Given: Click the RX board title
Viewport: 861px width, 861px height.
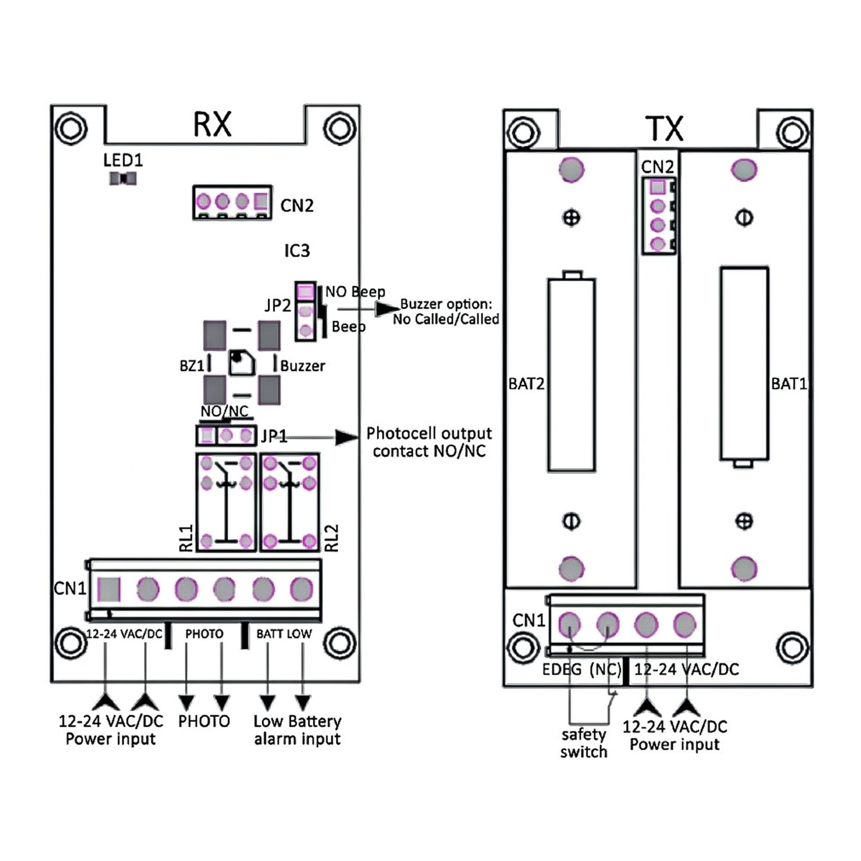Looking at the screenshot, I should click(212, 125).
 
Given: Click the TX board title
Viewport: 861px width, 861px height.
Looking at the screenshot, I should click(664, 128).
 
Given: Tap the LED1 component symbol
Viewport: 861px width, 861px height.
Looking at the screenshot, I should click(123, 178).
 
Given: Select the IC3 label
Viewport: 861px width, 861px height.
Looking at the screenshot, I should click(297, 251).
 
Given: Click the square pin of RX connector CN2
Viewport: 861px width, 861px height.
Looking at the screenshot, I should click(261, 201).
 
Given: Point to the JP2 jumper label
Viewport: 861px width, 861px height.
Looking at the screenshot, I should click(278, 306).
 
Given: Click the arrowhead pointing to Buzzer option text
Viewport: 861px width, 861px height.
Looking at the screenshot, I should click(387, 309).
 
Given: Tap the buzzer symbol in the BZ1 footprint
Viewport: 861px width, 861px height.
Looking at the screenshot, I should click(242, 362).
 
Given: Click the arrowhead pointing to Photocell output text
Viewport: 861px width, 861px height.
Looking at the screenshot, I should click(346, 437).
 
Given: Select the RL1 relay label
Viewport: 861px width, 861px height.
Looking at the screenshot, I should click(187, 537).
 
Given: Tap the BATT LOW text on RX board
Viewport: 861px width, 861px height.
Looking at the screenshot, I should click(284, 634).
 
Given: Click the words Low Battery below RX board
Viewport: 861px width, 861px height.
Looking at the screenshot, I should click(297, 722).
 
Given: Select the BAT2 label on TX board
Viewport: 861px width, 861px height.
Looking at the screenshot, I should click(526, 384).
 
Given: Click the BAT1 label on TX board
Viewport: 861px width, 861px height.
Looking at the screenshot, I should click(788, 384).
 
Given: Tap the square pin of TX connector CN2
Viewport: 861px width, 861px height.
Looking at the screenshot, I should click(657, 187).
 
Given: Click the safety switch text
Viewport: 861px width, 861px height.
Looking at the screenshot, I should click(583, 743).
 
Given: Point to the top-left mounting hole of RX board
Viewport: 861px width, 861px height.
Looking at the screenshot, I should click(71, 128).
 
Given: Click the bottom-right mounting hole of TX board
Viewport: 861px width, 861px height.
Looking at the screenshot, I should click(792, 648).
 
